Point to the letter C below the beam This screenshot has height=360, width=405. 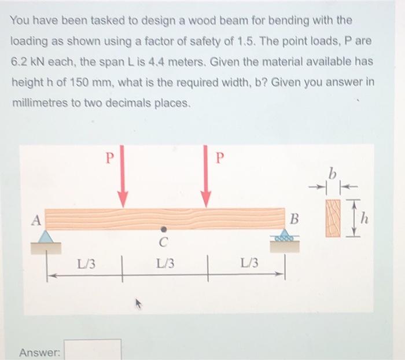pos(164,243)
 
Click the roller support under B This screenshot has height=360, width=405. pos(285,237)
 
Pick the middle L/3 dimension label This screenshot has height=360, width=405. pos(166,264)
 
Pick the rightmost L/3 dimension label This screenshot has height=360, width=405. pos(245,264)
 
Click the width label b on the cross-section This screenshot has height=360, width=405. pos(332,173)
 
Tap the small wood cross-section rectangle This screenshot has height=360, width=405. pos(333,218)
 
